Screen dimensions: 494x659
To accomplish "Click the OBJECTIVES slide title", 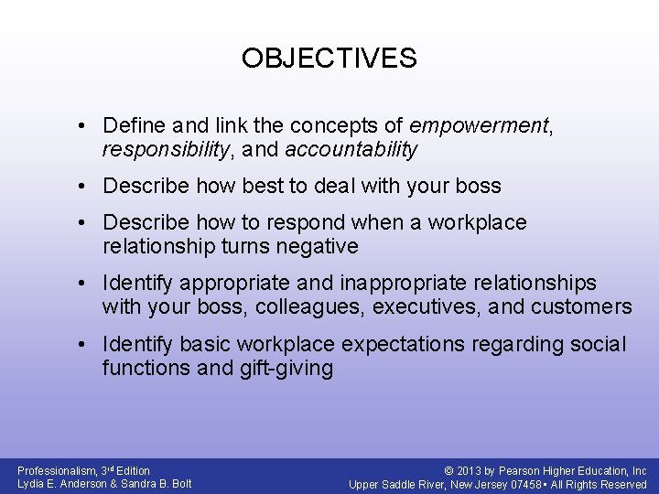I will (x=329, y=59).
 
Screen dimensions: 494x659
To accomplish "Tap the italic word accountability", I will (x=351, y=148).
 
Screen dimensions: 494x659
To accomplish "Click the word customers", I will (x=583, y=306).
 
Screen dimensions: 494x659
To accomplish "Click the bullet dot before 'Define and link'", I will (x=82, y=125).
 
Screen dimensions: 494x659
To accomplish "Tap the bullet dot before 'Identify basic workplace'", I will (x=82, y=345).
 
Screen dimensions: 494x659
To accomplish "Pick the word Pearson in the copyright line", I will (x=514, y=471).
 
